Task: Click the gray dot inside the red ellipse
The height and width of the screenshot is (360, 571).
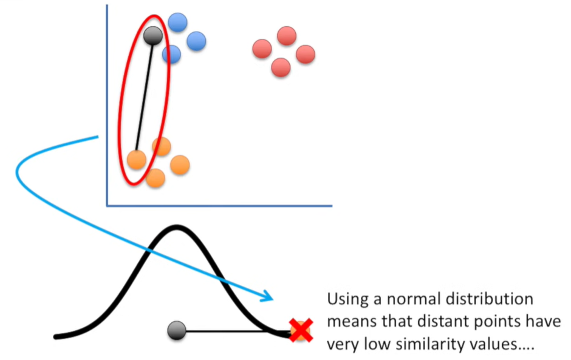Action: (x=152, y=36)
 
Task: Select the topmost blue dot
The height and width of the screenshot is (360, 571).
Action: (x=177, y=22)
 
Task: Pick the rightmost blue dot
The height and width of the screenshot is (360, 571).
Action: (x=196, y=41)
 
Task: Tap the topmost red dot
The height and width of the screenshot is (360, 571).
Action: (x=286, y=36)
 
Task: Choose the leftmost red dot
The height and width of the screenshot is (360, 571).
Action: (x=262, y=49)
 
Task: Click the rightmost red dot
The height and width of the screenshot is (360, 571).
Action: (x=305, y=54)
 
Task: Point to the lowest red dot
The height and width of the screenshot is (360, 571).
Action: (x=281, y=67)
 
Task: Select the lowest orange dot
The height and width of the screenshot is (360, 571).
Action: (x=156, y=178)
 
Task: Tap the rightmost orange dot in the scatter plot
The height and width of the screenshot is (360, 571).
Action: (x=180, y=165)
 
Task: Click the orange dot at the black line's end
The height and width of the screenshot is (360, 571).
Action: (x=137, y=160)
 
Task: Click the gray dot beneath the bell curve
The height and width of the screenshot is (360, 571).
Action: (x=177, y=330)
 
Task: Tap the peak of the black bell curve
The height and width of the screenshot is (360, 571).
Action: (x=177, y=228)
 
